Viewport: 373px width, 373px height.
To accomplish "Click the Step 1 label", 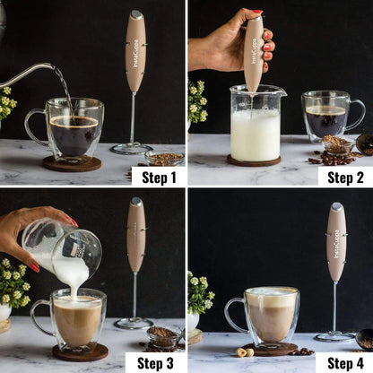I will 158,176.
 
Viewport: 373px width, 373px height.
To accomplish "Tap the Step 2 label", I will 345,176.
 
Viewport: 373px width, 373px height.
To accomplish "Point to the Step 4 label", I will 345,362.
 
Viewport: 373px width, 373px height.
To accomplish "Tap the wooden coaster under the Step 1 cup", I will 72,163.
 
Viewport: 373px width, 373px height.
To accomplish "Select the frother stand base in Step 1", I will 132,149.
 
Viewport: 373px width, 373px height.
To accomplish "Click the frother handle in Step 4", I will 336,242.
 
